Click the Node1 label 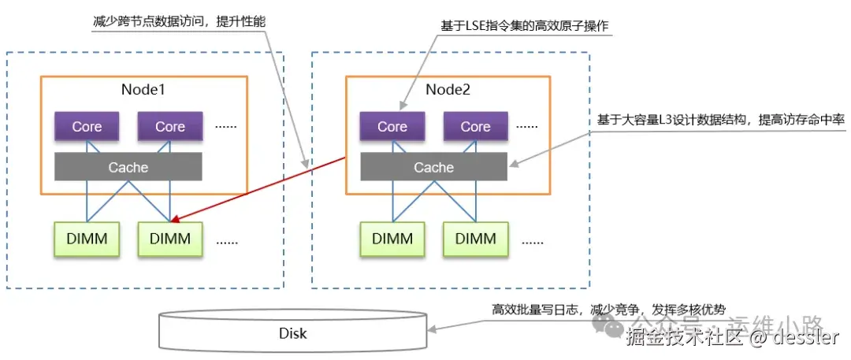coord(143,90)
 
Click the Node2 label coord(448,90)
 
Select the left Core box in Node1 coord(87,127)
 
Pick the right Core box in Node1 coord(169,127)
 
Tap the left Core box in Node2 coord(392,127)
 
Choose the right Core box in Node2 coord(475,127)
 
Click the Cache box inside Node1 coord(128,167)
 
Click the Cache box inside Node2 coord(433,167)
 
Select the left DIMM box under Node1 coord(87,239)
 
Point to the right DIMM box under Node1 coord(169,239)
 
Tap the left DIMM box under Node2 coord(392,239)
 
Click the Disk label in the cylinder coord(293,333)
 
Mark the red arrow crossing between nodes coord(260,187)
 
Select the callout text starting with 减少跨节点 coord(179,21)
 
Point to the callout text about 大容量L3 coord(721,120)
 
